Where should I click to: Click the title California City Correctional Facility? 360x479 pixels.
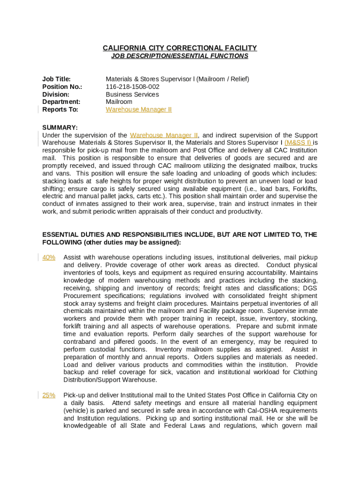point(180,48)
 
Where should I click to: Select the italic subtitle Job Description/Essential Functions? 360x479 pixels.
point(180,56)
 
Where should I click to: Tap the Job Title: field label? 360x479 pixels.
point(57,79)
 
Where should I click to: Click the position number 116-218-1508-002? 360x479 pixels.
point(132,87)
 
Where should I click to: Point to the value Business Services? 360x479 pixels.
point(132,94)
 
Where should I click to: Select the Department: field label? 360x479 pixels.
point(61,102)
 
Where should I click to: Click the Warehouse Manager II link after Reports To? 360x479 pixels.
point(138,109)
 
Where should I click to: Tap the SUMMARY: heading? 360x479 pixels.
point(60,128)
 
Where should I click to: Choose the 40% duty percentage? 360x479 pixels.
point(49,257)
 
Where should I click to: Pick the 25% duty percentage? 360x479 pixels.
point(49,395)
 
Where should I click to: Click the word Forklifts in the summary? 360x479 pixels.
point(305,189)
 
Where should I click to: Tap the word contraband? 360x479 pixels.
point(79,341)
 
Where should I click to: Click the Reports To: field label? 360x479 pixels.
point(60,109)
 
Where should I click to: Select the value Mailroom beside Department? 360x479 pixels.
point(119,102)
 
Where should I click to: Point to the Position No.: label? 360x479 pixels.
point(62,87)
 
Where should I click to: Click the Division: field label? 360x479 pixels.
point(55,94)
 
